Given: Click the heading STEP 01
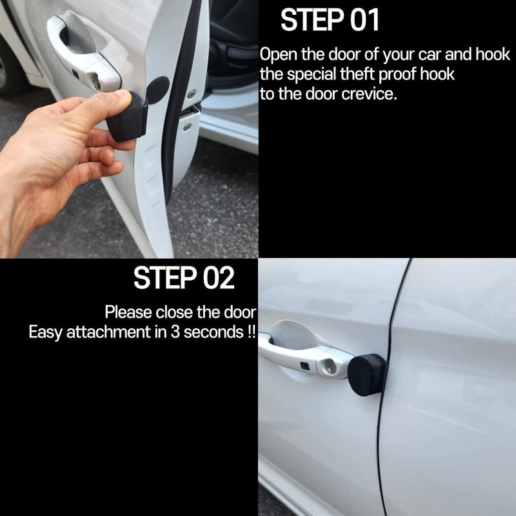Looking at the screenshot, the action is point(330,20).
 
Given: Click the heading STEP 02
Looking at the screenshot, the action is point(184,278).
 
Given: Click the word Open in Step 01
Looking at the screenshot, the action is point(279,55).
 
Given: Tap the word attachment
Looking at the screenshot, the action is point(108,332).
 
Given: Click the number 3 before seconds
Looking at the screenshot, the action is point(175,332).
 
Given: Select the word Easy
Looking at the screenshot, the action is point(45,332).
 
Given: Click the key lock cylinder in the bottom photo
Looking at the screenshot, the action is point(331,366).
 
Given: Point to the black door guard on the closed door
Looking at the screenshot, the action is point(367,375).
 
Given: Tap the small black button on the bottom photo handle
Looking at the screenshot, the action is point(305,366).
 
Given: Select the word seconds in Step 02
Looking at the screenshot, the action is point(213,332).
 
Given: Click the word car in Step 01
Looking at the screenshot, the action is point(430,55).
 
